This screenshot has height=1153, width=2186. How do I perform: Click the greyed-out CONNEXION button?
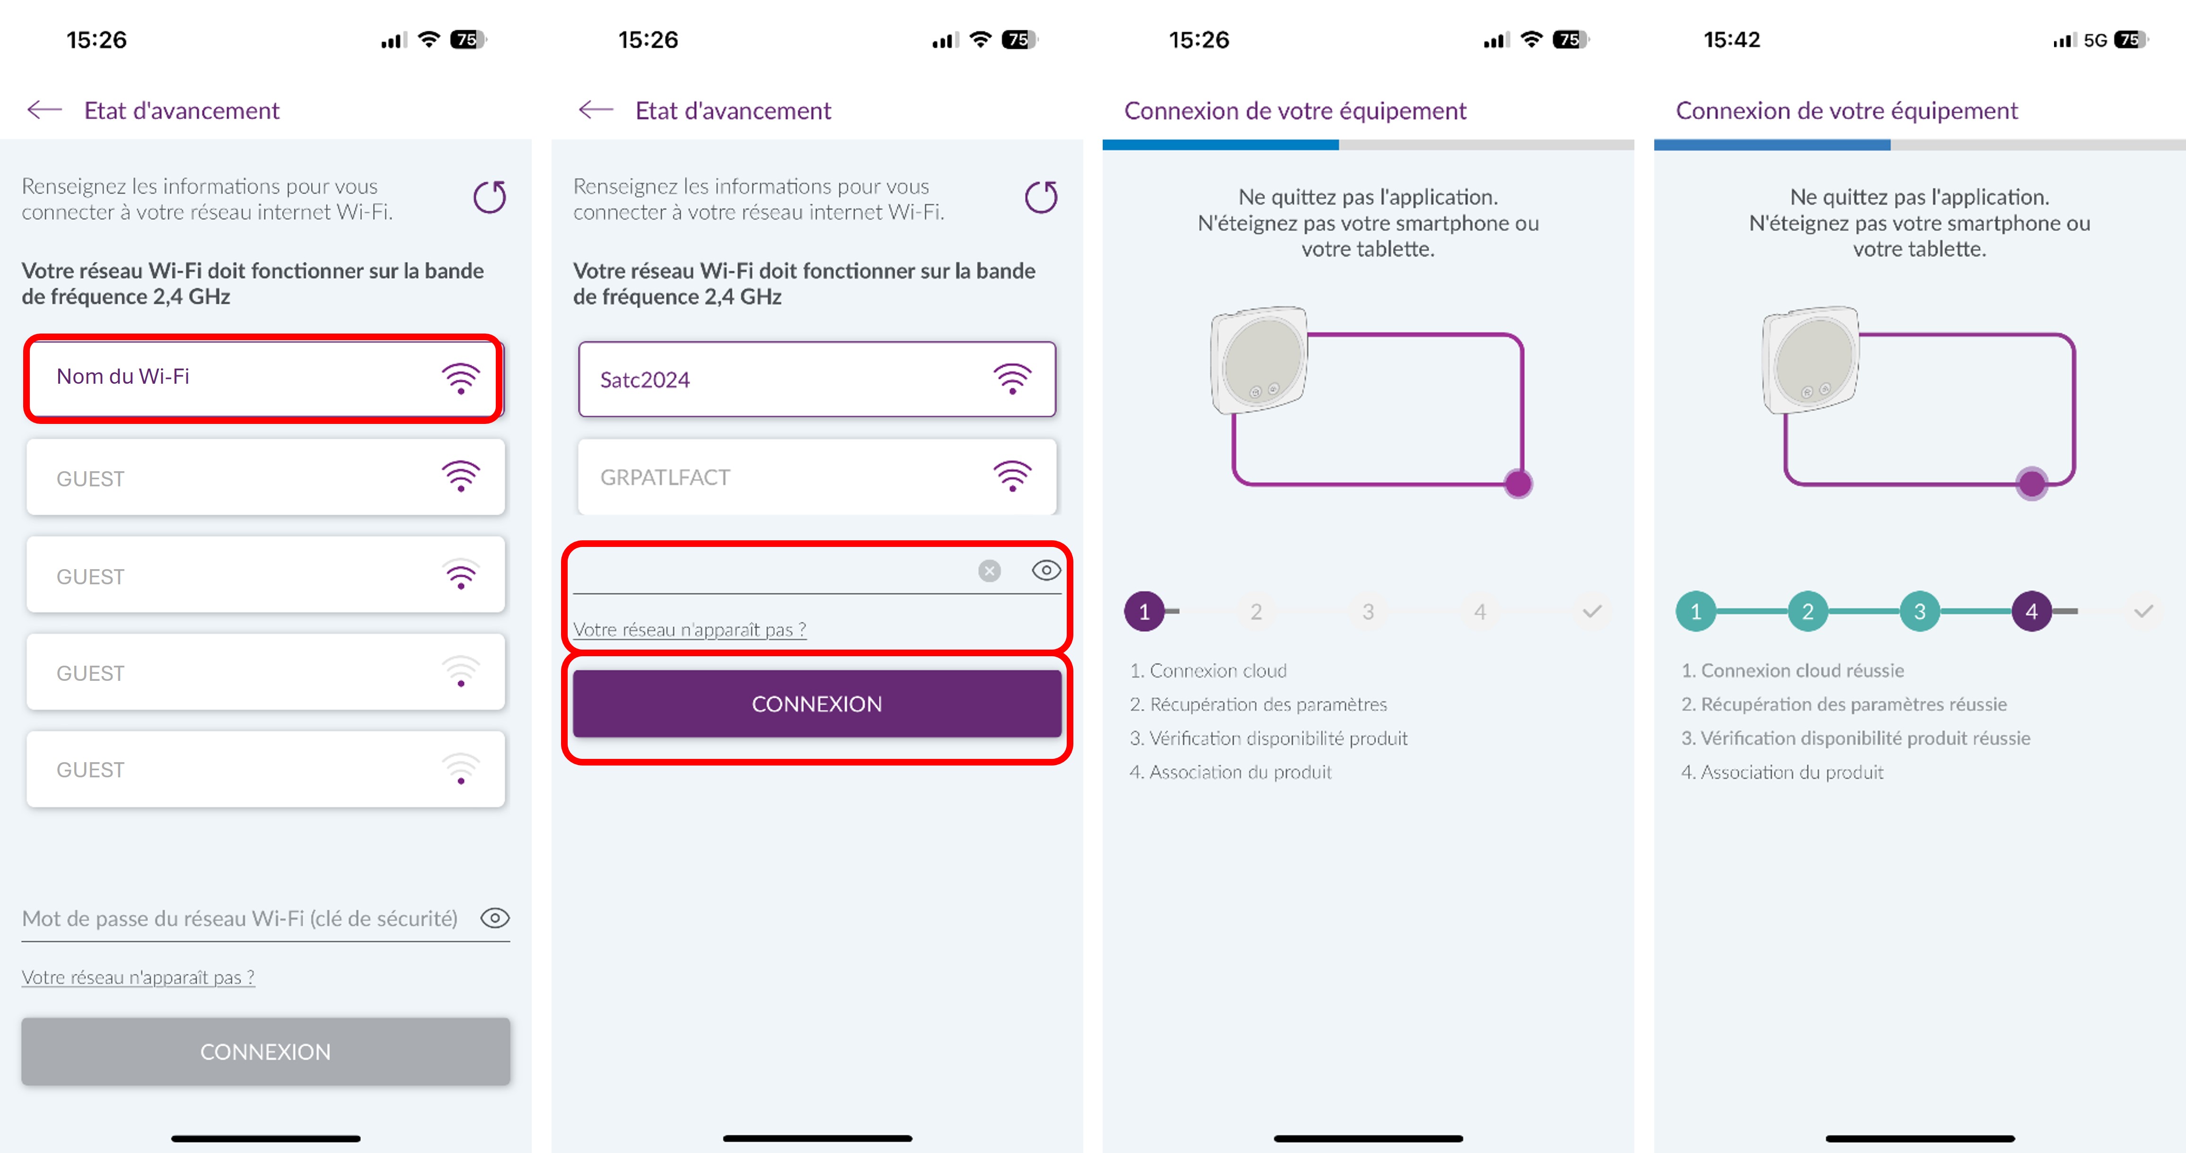click(x=265, y=1051)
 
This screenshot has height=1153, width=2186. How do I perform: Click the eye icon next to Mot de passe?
click(x=495, y=918)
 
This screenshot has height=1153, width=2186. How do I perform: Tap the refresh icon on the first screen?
click(x=490, y=198)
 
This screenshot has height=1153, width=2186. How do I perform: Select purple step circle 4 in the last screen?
click(x=2031, y=611)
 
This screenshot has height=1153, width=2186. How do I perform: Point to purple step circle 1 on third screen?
click(x=1144, y=611)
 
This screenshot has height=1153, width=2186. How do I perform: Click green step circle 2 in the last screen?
click(x=1808, y=611)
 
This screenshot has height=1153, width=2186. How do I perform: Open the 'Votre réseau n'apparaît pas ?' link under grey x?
click(x=689, y=630)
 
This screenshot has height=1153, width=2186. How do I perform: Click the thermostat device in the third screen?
click(x=1259, y=360)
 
